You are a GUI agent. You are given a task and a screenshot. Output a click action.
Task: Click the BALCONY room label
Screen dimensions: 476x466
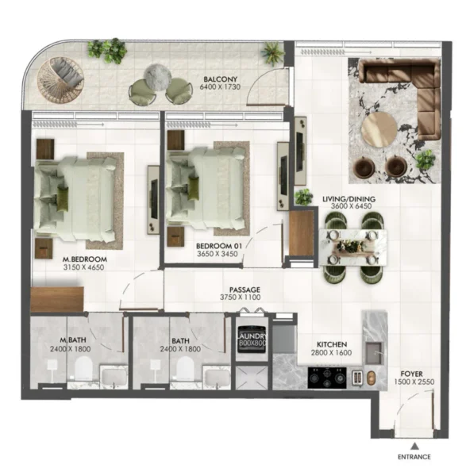[217, 81]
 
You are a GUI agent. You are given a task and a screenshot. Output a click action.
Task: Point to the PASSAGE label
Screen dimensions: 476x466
[245, 290]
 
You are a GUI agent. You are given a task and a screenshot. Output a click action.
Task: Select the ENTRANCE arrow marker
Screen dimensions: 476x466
[414, 445]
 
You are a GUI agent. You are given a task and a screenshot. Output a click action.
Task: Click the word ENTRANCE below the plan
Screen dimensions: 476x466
[414, 457]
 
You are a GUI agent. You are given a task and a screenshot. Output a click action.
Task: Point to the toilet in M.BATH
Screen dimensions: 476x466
[81, 367]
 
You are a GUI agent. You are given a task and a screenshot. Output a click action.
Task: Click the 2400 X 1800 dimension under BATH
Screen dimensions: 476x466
[179, 349]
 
